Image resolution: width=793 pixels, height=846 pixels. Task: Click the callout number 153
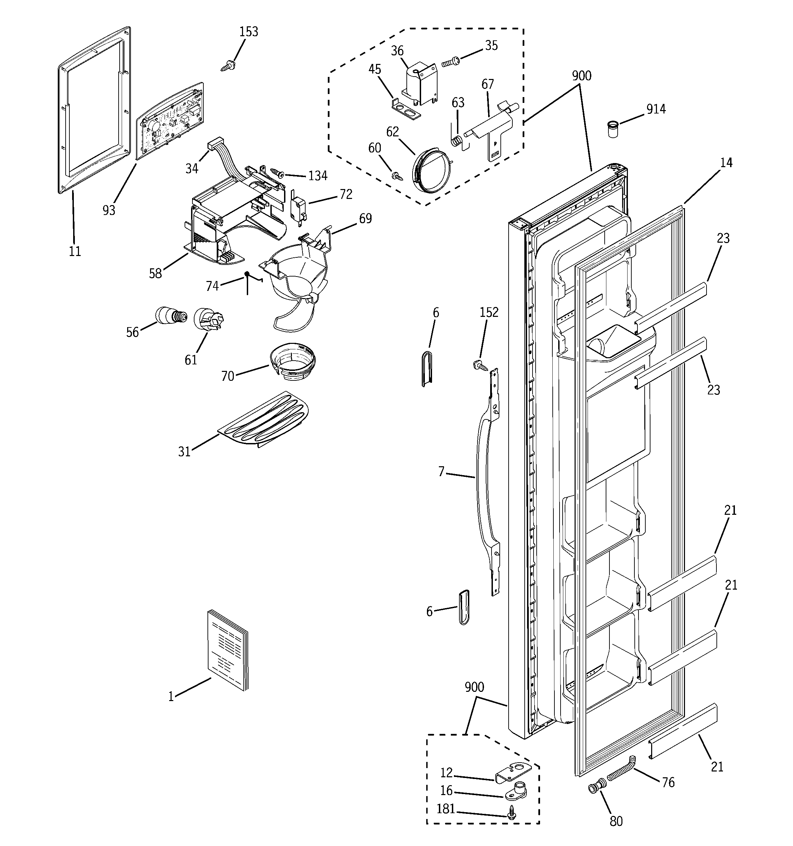pyautogui.click(x=248, y=32)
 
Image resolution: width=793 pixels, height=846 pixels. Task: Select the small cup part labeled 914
pyautogui.click(x=613, y=129)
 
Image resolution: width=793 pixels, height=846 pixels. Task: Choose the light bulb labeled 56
pyautogui.click(x=170, y=316)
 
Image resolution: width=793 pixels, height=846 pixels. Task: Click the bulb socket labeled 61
pyautogui.click(x=209, y=319)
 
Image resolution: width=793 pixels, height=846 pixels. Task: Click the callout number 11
pyautogui.click(x=75, y=252)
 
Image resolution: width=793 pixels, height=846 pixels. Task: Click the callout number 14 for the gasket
pyautogui.click(x=726, y=163)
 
